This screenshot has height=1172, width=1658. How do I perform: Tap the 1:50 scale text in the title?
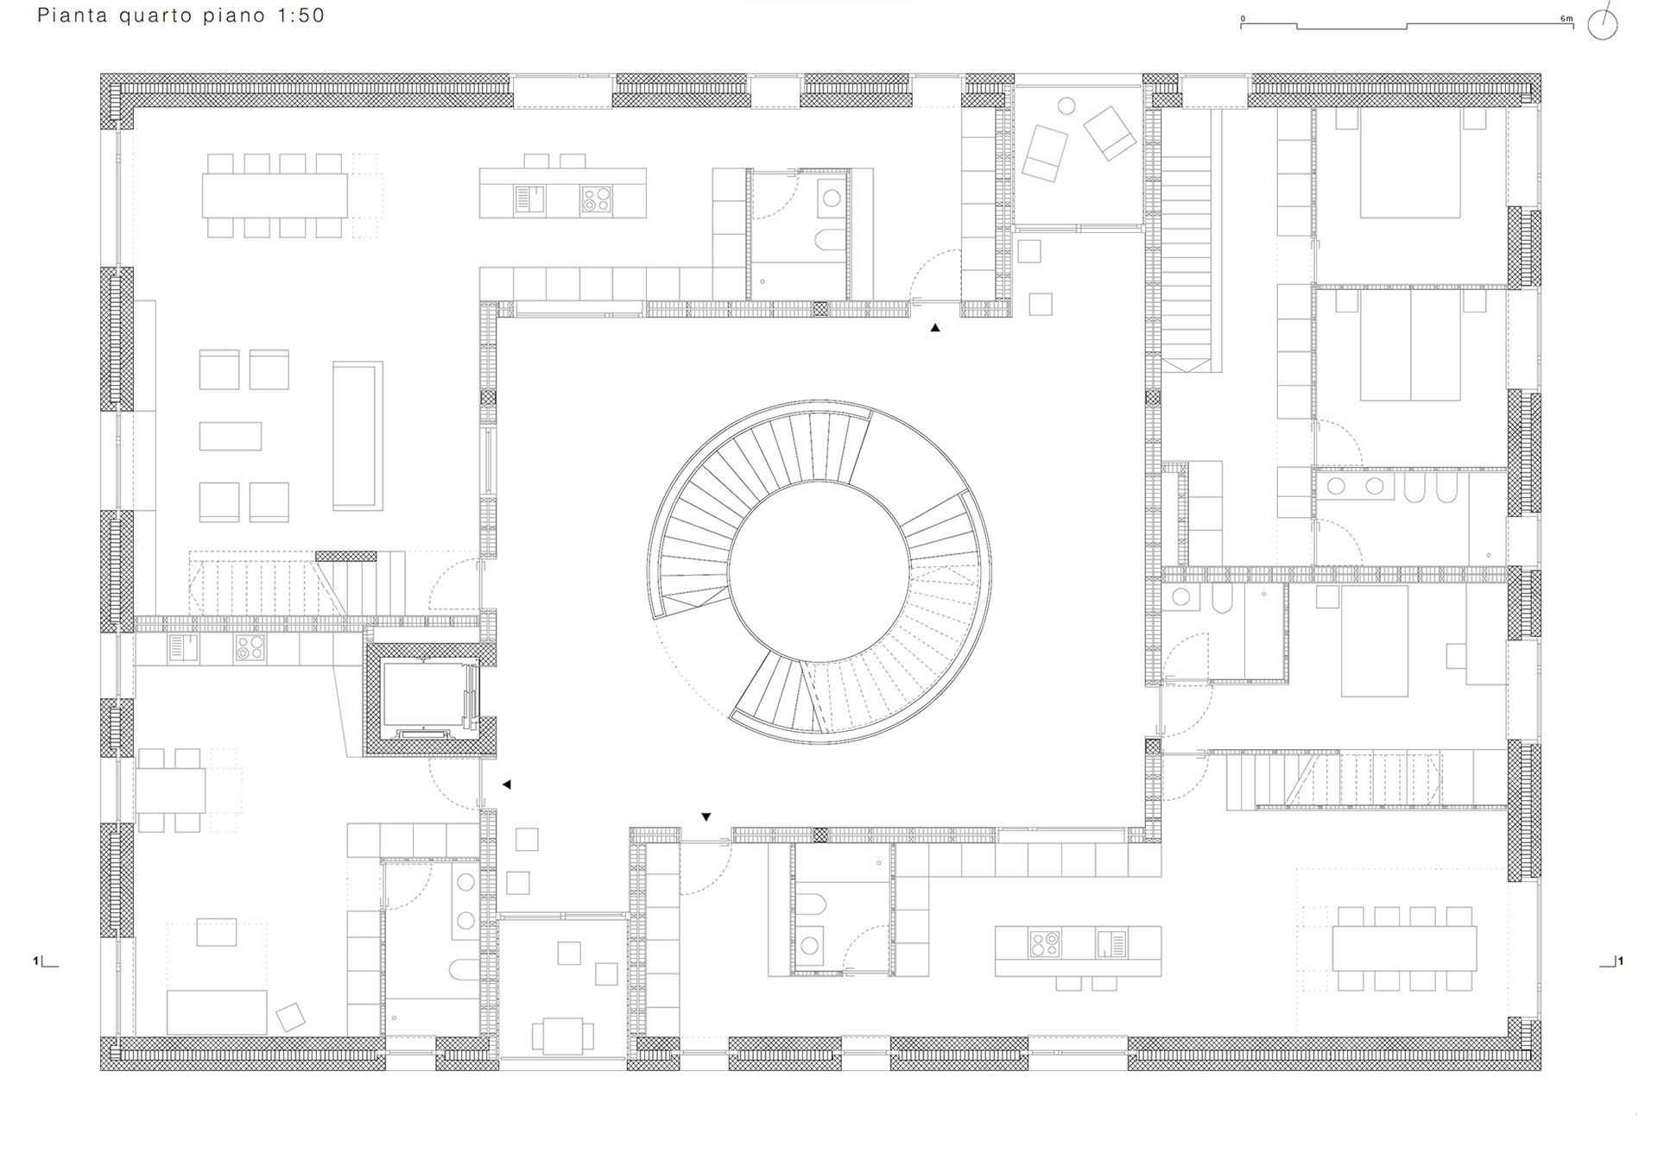301,16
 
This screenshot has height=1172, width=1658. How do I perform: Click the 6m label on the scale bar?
1566,18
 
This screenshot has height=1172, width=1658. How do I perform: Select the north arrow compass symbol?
1603,24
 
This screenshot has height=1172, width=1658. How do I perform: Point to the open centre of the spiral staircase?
819,570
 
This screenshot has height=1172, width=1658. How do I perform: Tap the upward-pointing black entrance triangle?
934,328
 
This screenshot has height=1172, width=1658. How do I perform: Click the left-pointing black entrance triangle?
507,784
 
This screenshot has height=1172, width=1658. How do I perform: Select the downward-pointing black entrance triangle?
706,816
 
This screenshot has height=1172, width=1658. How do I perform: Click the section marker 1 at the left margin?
37,961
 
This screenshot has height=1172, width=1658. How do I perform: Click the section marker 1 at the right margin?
1620,961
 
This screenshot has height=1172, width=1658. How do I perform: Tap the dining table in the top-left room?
275,195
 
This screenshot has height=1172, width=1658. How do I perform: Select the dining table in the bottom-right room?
1404,948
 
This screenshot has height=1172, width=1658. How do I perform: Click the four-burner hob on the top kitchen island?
596,199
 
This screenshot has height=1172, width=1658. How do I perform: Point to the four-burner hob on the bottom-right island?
1044,944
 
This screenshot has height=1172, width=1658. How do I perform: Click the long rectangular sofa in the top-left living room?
358,435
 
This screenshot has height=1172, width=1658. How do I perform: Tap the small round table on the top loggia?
1066,105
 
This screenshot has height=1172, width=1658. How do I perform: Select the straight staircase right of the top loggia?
1186,242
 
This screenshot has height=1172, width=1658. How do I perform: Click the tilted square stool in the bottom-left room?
291,1017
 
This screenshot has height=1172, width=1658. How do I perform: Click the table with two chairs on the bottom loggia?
562,1036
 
